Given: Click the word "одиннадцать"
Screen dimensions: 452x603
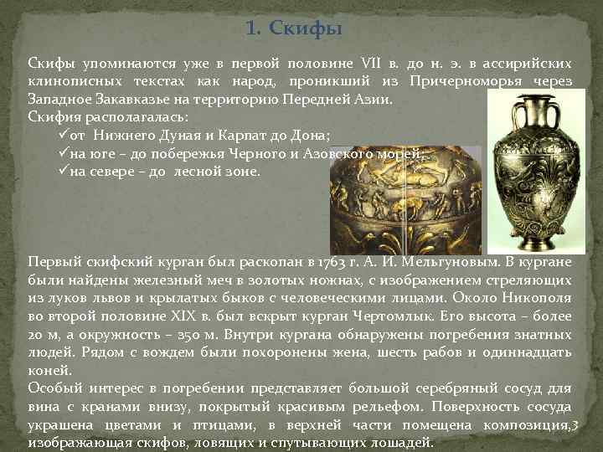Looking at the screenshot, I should click(x=529, y=352).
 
